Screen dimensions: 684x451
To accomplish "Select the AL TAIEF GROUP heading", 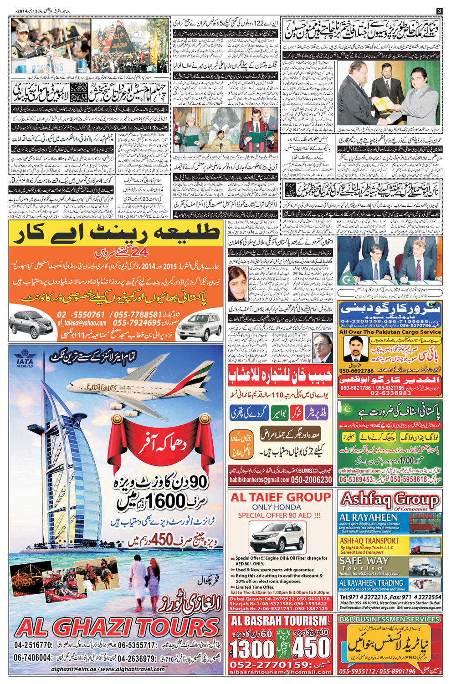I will point(281,497).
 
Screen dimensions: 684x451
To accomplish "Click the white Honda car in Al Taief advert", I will point(277,536).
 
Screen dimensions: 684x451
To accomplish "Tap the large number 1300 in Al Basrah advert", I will point(252,648).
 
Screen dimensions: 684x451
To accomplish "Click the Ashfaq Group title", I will point(389,500).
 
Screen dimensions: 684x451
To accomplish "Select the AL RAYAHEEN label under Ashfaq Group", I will point(369,517).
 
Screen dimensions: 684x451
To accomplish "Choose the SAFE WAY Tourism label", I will point(364,561).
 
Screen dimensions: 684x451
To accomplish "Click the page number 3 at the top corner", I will point(439,10).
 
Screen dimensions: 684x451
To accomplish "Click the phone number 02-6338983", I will point(389,393).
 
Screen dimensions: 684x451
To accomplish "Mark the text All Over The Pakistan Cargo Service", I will point(390,332).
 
